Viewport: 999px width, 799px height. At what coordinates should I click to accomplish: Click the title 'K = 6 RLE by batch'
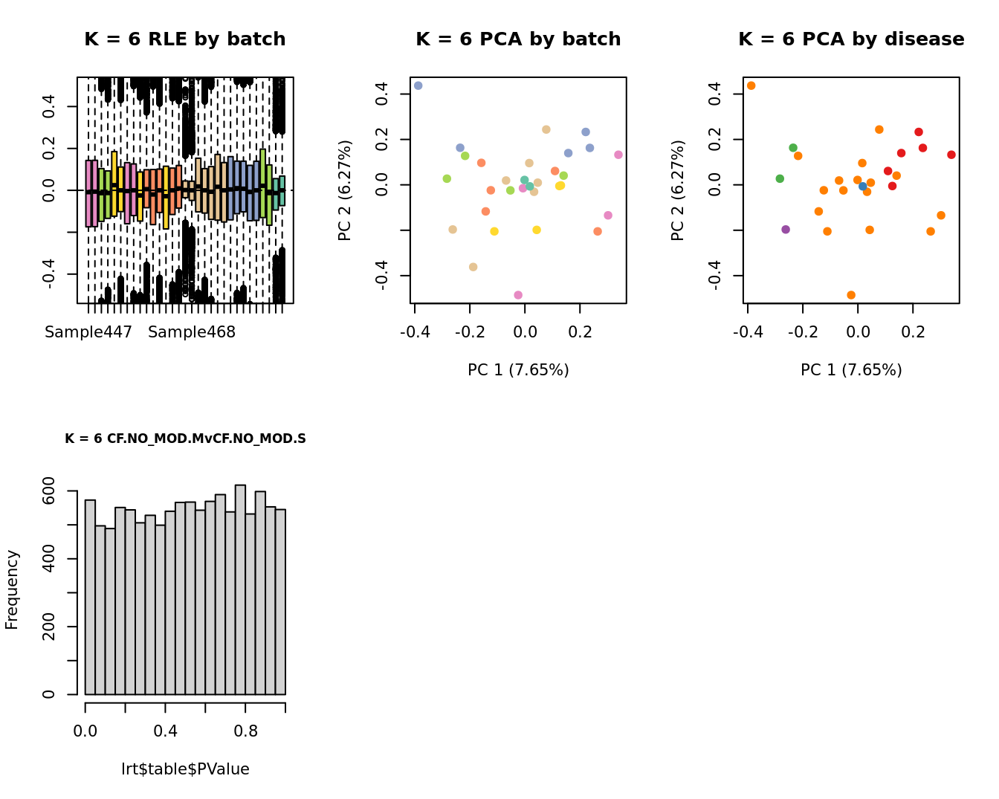point(184,39)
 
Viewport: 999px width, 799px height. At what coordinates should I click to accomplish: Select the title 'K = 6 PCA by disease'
point(851,39)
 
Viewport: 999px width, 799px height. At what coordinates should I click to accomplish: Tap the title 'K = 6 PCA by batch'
point(518,39)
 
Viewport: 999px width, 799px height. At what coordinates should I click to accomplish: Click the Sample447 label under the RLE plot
point(88,332)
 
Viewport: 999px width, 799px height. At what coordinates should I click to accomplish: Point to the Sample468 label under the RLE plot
point(192,332)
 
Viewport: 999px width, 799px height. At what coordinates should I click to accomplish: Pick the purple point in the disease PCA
point(786,230)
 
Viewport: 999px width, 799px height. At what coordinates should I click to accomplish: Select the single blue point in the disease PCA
point(863,187)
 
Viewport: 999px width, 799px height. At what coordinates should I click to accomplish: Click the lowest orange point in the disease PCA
point(851,295)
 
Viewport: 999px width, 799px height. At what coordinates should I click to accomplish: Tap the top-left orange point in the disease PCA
point(751,86)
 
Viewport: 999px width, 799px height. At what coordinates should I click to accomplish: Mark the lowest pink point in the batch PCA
point(518,295)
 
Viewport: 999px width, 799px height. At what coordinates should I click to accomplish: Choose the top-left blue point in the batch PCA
point(418,86)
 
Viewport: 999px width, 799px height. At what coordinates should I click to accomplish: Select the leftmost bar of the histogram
point(90,597)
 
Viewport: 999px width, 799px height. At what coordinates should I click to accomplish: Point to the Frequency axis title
point(12,589)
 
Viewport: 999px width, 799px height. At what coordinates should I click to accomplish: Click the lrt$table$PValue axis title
point(185,769)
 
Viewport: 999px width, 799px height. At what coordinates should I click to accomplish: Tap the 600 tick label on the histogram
point(48,491)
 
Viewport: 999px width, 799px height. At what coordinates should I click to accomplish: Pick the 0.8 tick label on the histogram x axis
point(246,731)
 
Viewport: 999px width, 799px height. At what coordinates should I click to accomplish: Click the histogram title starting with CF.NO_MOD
point(185,439)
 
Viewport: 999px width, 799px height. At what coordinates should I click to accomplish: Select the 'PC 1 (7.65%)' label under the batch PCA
point(518,370)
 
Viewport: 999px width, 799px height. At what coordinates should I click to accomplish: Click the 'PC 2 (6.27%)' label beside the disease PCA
point(677,190)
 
